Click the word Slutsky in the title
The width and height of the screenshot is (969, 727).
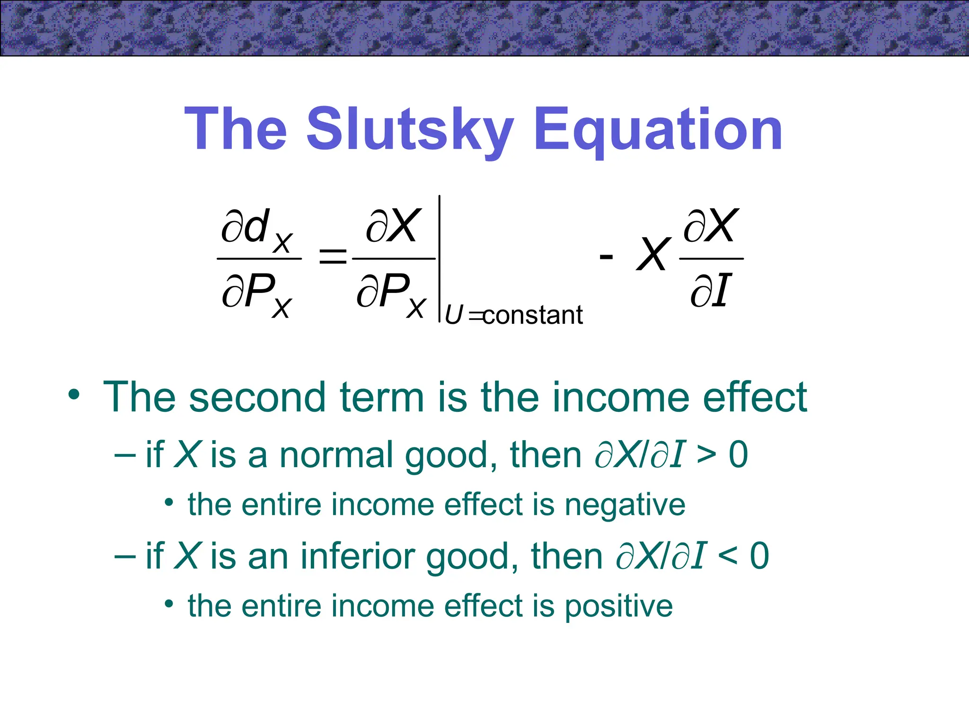410,129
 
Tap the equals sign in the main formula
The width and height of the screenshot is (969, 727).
333,257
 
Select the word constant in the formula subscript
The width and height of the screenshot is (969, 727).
533,315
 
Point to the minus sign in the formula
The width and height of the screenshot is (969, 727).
606,257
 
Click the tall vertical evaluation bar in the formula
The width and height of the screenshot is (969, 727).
440,258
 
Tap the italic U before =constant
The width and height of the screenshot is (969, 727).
453,315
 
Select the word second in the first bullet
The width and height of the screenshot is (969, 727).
257,397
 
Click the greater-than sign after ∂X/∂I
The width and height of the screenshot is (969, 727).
706,455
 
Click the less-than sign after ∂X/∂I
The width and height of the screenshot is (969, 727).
727,556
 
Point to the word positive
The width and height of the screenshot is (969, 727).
619,606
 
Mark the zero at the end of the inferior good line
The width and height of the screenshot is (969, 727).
759,556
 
